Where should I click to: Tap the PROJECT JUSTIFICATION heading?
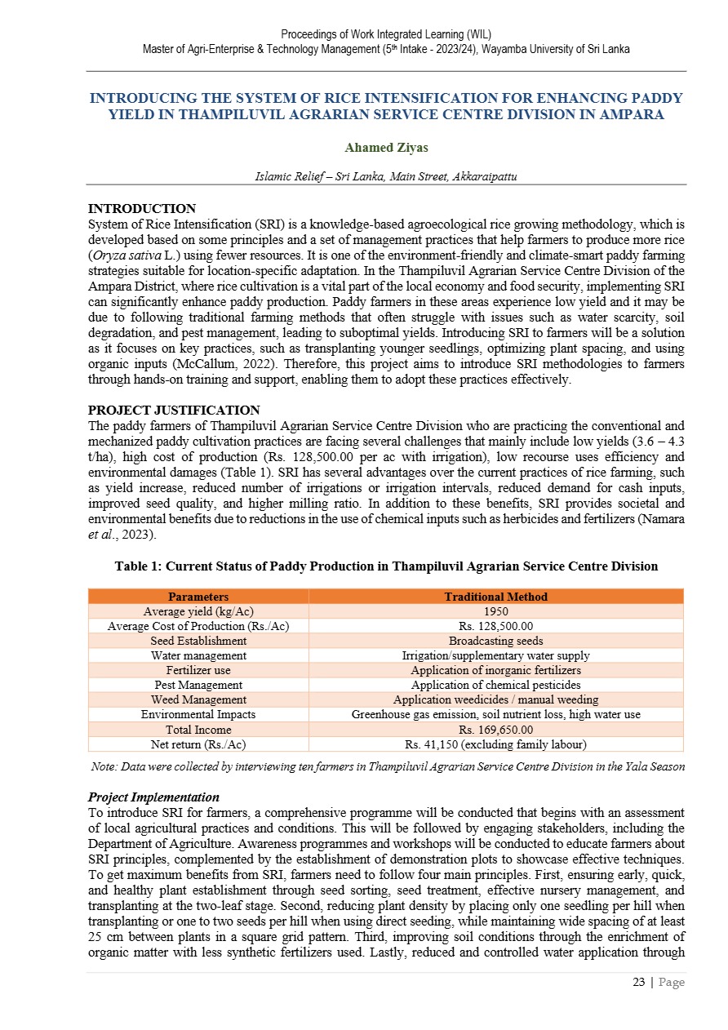(x=173, y=410)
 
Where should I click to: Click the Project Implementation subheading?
(x=153, y=797)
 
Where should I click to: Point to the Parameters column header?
(x=198, y=597)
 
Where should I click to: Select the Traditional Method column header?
(x=495, y=597)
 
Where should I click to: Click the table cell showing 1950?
(x=495, y=611)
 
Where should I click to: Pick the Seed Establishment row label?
(x=198, y=641)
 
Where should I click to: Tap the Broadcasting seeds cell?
(x=495, y=641)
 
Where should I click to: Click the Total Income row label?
(x=198, y=729)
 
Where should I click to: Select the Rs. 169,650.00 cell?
(x=495, y=729)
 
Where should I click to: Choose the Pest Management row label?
(x=198, y=685)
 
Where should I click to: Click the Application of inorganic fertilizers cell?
(x=495, y=670)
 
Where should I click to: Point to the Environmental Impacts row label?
(x=198, y=714)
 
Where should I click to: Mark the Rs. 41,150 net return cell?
(x=495, y=744)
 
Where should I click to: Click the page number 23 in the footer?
(x=639, y=982)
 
